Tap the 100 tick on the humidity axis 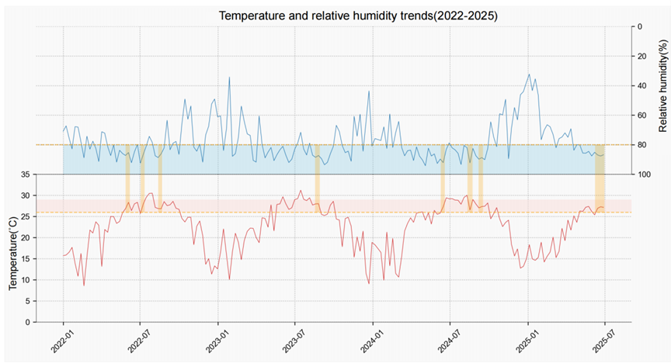644,175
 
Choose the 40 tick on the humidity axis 641,86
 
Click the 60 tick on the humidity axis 641,116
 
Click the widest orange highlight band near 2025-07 600,178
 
